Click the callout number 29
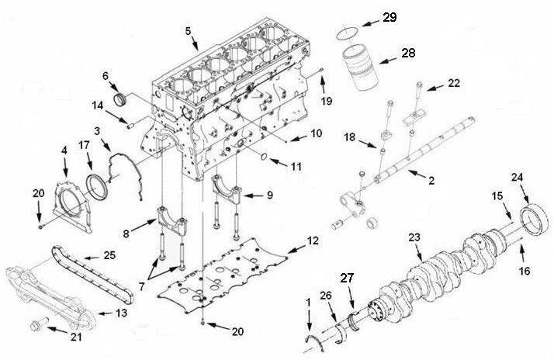(x=389, y=16)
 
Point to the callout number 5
(x=187, y=32)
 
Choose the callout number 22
(x=453, y=82)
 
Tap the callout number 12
(x=313, y=241)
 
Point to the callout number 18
(x=351, y=137)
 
